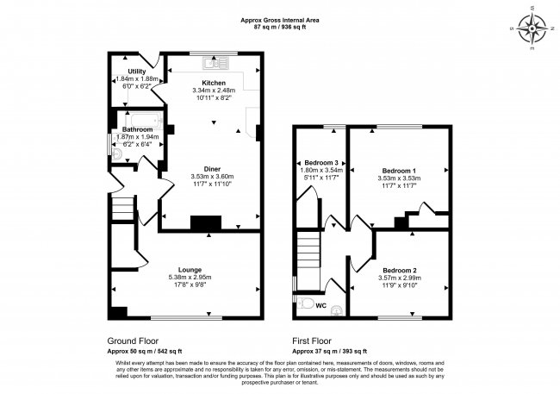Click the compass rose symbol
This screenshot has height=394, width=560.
[x=532, y=28]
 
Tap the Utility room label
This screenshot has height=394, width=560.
[x=137, y=72]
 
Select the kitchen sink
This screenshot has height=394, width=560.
[x=215, y=63]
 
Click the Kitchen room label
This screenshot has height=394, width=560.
[x=214, y=83]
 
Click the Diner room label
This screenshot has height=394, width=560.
[x=212, y=169]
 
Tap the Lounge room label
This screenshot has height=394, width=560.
[x=190, y=270]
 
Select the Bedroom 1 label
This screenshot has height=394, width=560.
[x=399, y=171]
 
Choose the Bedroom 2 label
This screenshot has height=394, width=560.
[x=400, y=271]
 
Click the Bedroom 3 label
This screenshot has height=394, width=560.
[x=321, y=163]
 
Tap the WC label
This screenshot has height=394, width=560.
[x=321, y=306]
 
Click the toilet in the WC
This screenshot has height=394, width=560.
[x=304, y=303]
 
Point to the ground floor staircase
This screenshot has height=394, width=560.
[x=123, y=208]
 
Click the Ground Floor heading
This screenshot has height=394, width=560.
[x=133, y=341]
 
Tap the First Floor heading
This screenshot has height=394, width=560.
[x=312, y=341]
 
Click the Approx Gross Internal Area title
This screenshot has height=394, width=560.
[x=280, y=21]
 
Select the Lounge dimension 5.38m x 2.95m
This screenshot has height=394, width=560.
[x=190, y=277]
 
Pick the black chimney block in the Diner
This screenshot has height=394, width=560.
[x=206, y=222]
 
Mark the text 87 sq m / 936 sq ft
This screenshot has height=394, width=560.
[x=280, y=27]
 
